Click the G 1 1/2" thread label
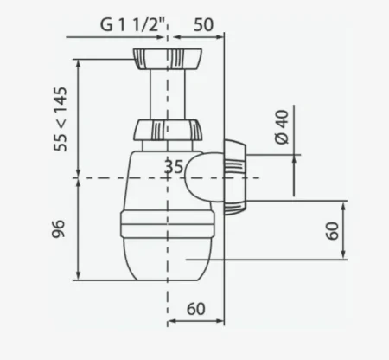[x=134, y=24]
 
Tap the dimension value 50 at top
[x=203, y=25]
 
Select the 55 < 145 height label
[x=61, y=119]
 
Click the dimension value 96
[x=59, y=228]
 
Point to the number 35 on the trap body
[x=174, y=167]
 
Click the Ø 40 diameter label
[x=282, y=126]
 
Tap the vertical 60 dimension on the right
[x=333, y=231]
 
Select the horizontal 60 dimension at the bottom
[x=196, y=309]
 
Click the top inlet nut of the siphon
[x=168, y=59]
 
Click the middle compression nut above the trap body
[x=168, y=130]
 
